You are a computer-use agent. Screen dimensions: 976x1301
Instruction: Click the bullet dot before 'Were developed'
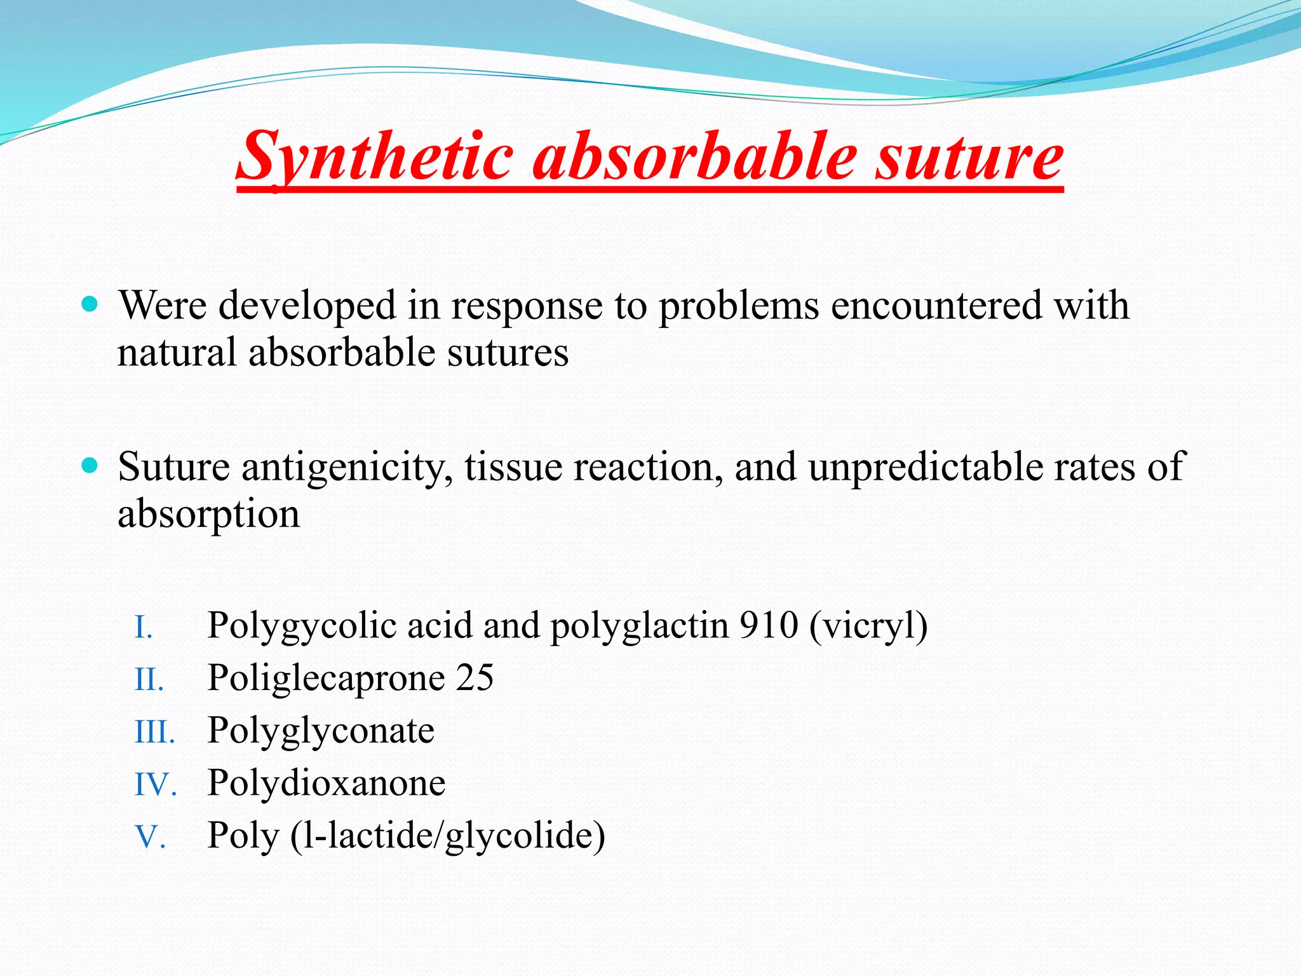click(90, 304)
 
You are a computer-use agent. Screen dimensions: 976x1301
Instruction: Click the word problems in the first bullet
click(738, 306)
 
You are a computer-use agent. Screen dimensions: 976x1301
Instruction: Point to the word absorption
click(208, 514)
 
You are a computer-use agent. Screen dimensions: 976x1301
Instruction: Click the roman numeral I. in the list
click(144, 628)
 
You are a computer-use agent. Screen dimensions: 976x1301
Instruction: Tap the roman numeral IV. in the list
click(155, 785)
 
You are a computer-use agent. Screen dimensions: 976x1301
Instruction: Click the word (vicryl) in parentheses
click(868, 627)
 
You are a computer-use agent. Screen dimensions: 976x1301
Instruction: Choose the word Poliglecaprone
click(326, 678)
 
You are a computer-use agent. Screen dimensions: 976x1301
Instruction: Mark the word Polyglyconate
click(321, 731)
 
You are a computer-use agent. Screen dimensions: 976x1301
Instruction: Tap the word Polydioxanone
click(327, 783)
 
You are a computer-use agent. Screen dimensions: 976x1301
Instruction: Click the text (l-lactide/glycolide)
click(447, 836)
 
